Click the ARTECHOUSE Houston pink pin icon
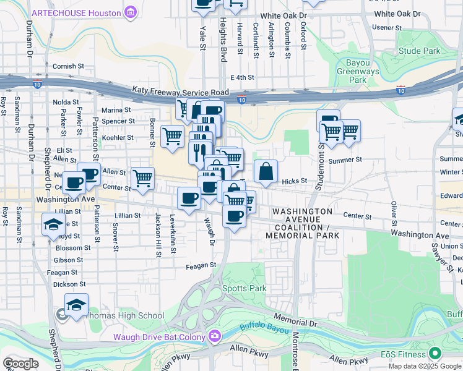(x=131, y=12)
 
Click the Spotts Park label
(x=244, y=289)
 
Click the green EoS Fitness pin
(x=435, y=354)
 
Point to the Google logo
(x=20, y=364)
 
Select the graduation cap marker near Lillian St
(x=53, y=224)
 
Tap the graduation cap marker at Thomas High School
(x=76, y=305)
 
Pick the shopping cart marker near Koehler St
(x=171, y=135)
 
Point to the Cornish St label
(x=68, y=66)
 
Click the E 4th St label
(x=242, y=77)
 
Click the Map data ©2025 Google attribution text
(x=425, y=365)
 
